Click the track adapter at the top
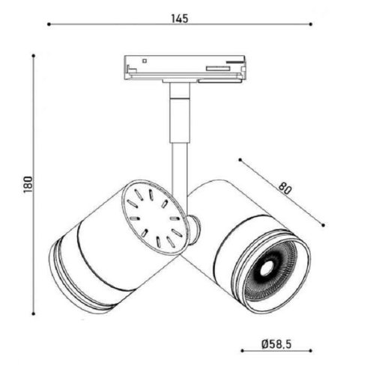183,67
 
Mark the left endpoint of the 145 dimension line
49,24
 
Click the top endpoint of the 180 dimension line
34,55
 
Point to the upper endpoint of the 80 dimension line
238,159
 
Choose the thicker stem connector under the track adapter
178,112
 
